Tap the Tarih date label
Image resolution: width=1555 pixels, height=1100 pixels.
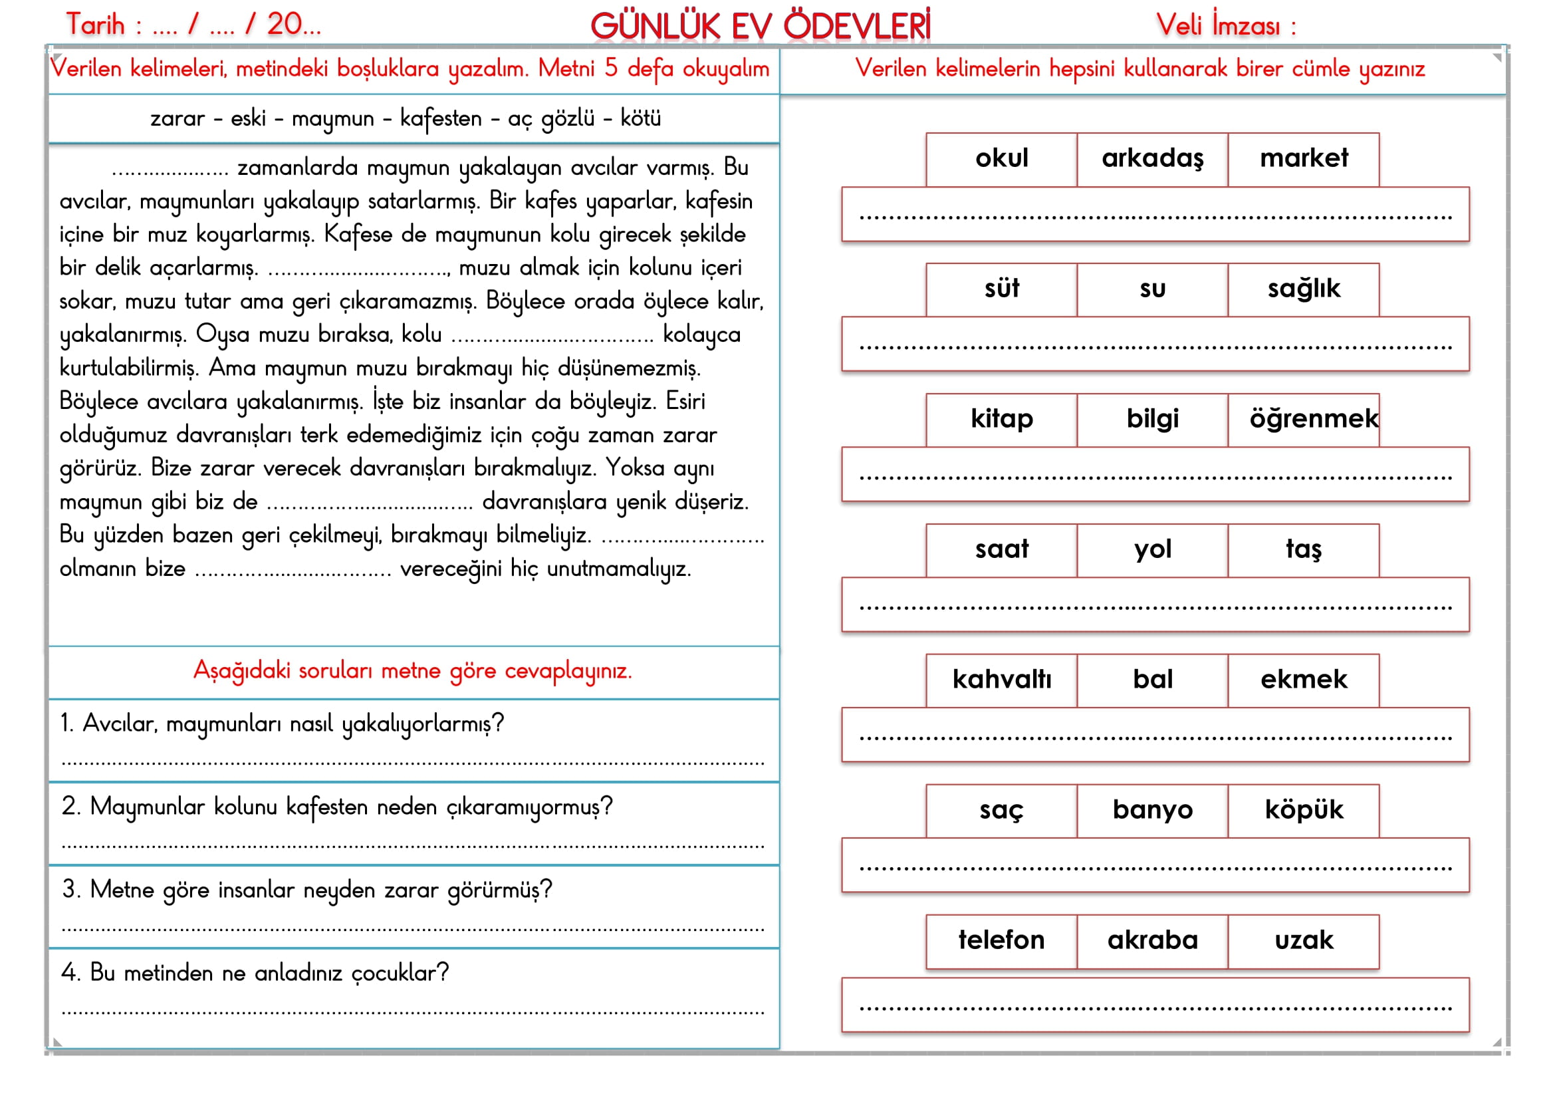tap(193, 25)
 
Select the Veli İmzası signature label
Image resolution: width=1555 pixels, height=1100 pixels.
tap(1225, 26)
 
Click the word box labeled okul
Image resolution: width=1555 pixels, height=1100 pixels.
tap(1001, 159)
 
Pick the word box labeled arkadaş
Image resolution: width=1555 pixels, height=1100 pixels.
tap(1152, 159)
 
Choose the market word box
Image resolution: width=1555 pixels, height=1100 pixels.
tap(1303, 159)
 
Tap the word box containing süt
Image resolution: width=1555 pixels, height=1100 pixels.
tap(1001, 289)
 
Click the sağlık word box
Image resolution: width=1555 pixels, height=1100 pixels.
tap(1303, 289)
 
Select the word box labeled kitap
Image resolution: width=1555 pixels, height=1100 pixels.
tap(1001, 419)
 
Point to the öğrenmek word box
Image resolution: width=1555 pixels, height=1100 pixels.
tap(1304, 419)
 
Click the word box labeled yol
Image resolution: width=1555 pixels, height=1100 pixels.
tap(1152, 549)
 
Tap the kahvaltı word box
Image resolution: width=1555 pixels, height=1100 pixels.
tap(1001, 680)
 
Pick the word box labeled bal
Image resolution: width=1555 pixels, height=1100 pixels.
tap(1152, 680)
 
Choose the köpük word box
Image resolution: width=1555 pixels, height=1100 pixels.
tap(1303, 810)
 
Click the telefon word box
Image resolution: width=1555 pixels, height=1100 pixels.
tap(1001, 940)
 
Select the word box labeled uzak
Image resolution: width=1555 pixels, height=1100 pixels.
tap(1303, 940)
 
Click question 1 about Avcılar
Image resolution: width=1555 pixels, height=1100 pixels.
tap(282, 724)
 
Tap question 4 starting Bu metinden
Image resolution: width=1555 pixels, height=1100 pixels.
tap(255, 974)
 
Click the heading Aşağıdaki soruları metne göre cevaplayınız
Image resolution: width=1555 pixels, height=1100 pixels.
tap(412, 671)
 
